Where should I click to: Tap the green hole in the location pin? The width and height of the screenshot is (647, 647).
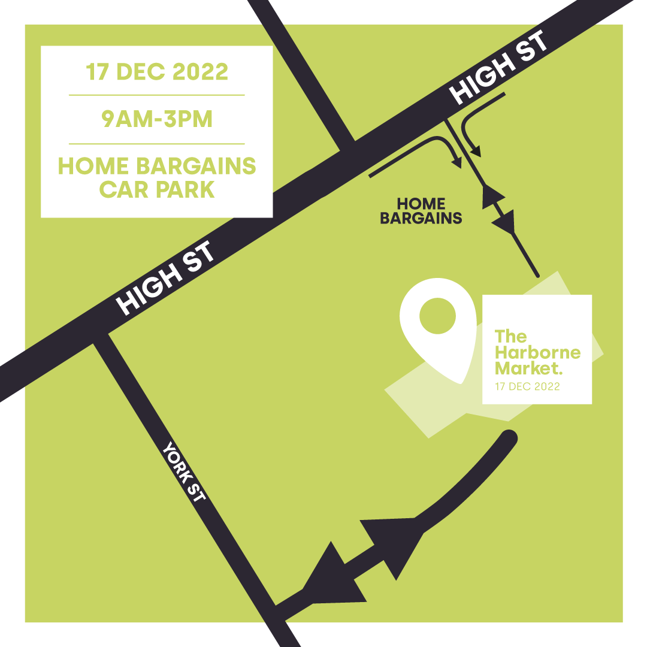click(437, 316)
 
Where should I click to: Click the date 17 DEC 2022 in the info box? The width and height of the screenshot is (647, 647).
click(157, 72)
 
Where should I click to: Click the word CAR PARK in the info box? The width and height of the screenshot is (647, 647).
click(157, 189)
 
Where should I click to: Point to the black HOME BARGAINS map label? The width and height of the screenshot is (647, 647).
click(421, 211)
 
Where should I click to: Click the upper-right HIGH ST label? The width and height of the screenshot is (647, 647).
click(498, 69)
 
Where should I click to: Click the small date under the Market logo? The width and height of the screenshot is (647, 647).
click(527, 387)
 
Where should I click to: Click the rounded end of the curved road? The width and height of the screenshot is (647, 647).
click(509, 438)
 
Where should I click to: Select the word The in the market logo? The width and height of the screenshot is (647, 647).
click(510, 337)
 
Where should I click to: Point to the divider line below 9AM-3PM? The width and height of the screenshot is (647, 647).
click(157, 144)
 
